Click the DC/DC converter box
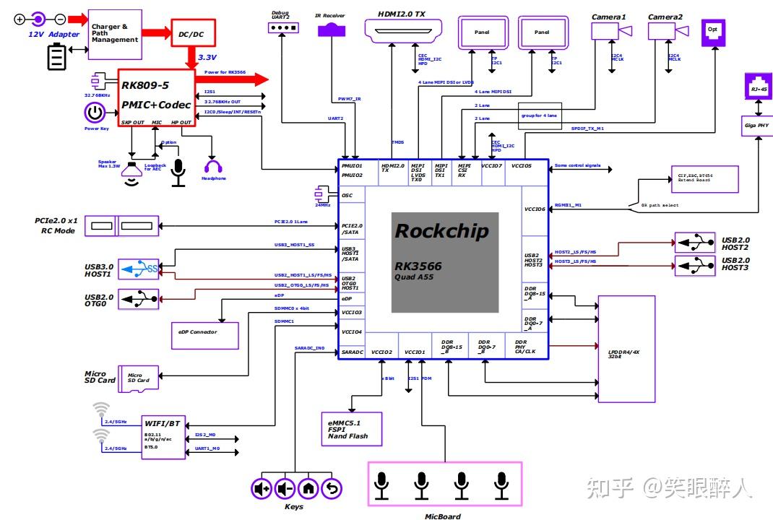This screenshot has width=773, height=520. click(x=191, y=33)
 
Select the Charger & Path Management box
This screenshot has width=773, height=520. click(x=115, y=34)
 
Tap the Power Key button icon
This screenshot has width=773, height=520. click(x=95, y=113)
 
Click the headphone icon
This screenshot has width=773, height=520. click(x=213, y=168)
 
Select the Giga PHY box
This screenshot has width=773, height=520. click(x=758, y=125)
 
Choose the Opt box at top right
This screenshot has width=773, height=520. click(x=713, y=32)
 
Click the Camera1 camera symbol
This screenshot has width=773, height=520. click(x=611, y=30)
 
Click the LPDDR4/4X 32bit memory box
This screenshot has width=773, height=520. click(x=626, y=349)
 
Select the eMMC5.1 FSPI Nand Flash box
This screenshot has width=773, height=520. click(x=351, y=429)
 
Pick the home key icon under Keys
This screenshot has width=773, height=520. click(x=308, y=489)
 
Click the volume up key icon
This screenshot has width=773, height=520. click(x=261, y=489)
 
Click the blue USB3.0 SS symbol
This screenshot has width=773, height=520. click(x=139, y=270)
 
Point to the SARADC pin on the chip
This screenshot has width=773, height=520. click(x=353, y=352)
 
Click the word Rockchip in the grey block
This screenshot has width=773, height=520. click(x=441, y=232)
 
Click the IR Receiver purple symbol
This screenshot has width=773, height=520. click(x=332, y=30)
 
